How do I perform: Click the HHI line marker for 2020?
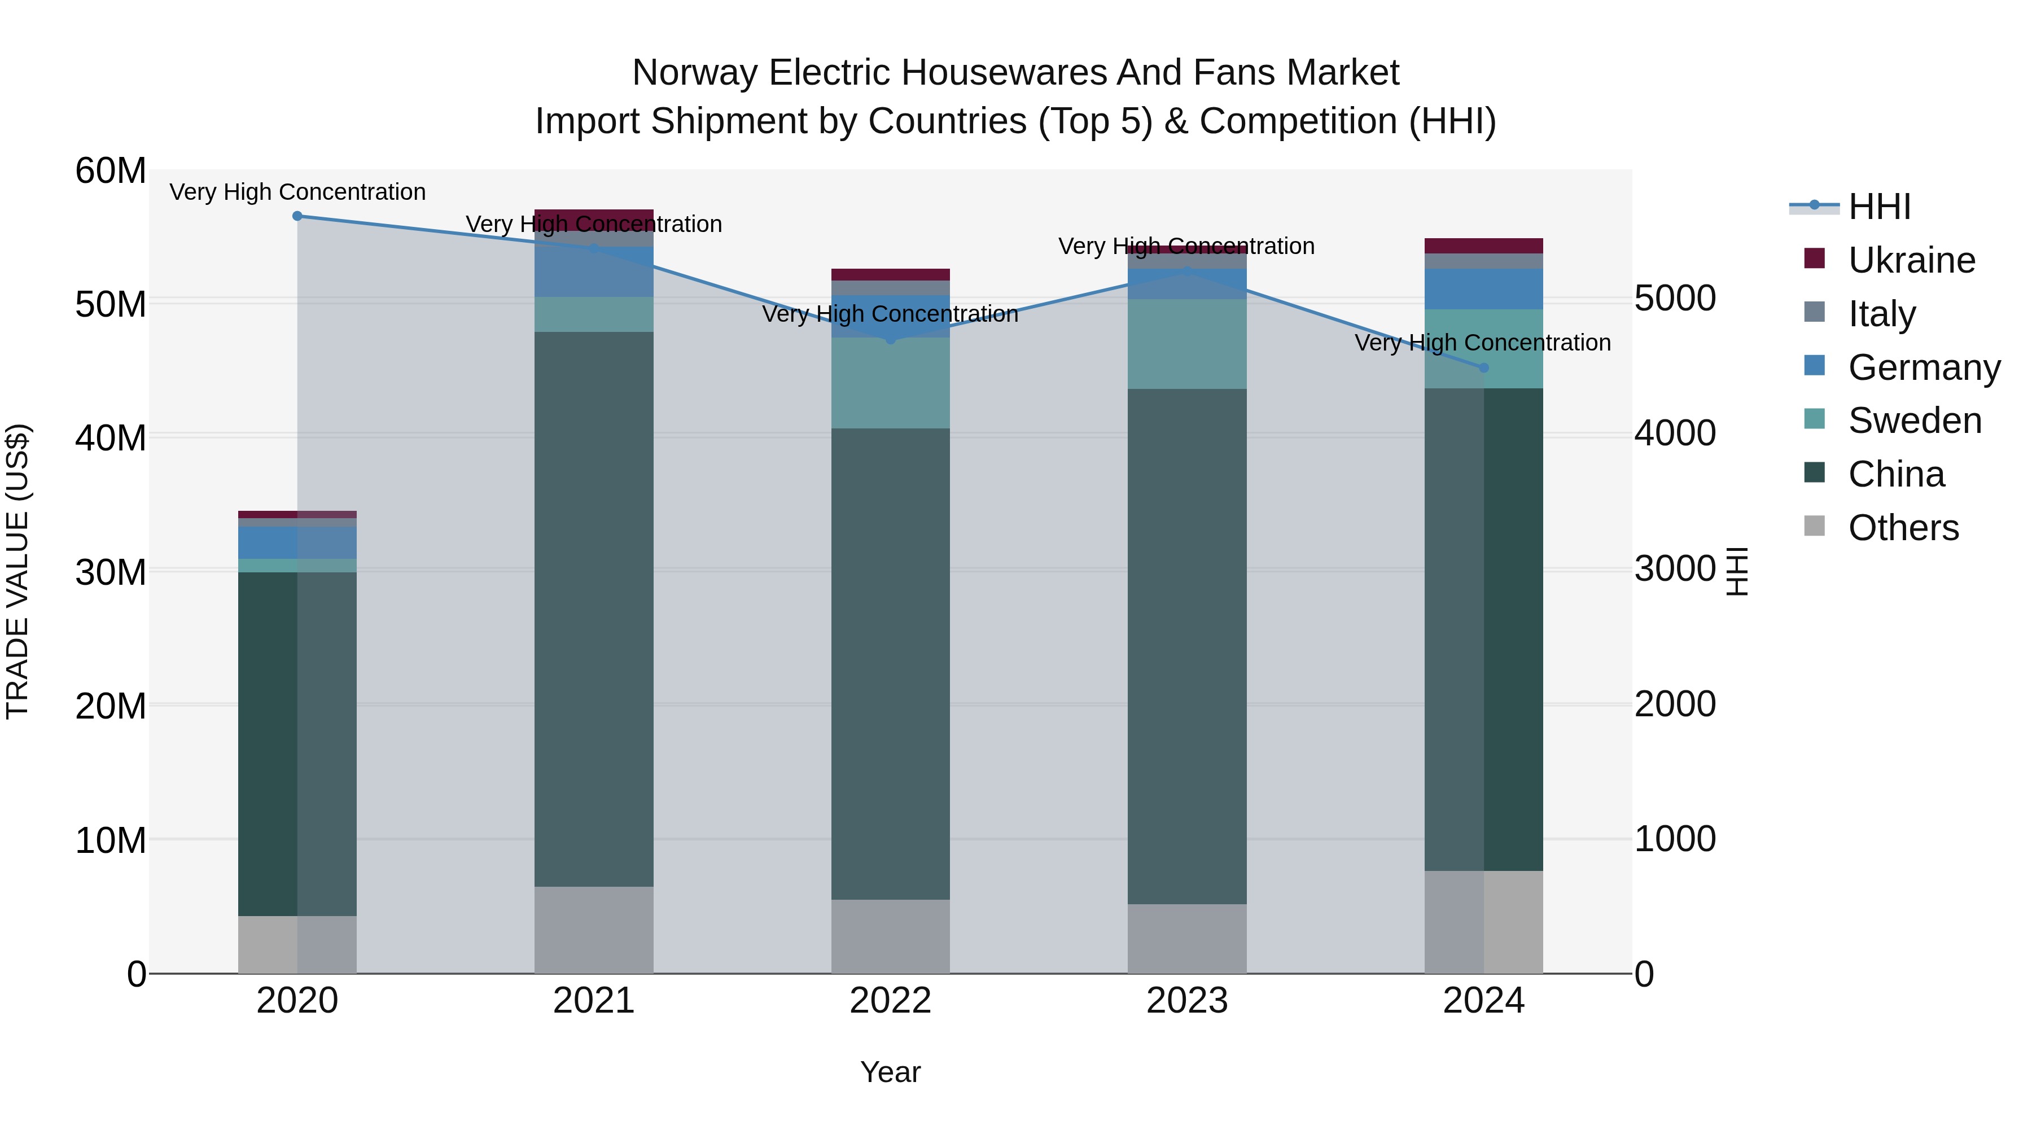pos(297,216)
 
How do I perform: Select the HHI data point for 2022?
pos(891,339)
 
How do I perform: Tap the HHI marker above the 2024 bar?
pos(1483,367)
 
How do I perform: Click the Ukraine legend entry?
pos(1911,260)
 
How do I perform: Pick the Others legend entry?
pos(1903,528)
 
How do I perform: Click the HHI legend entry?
pos(1879,207)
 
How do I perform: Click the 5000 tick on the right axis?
pos(1674,299)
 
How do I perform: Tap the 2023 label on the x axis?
pos(1186,1001)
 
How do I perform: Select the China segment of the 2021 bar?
pos(594,607)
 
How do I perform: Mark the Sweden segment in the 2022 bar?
pos(891,383)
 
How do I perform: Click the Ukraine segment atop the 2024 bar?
pos(1483,246)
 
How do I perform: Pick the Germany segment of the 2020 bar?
pos(297,542)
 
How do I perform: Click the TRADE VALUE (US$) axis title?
pos(17,571)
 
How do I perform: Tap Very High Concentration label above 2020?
pos(297,192)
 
